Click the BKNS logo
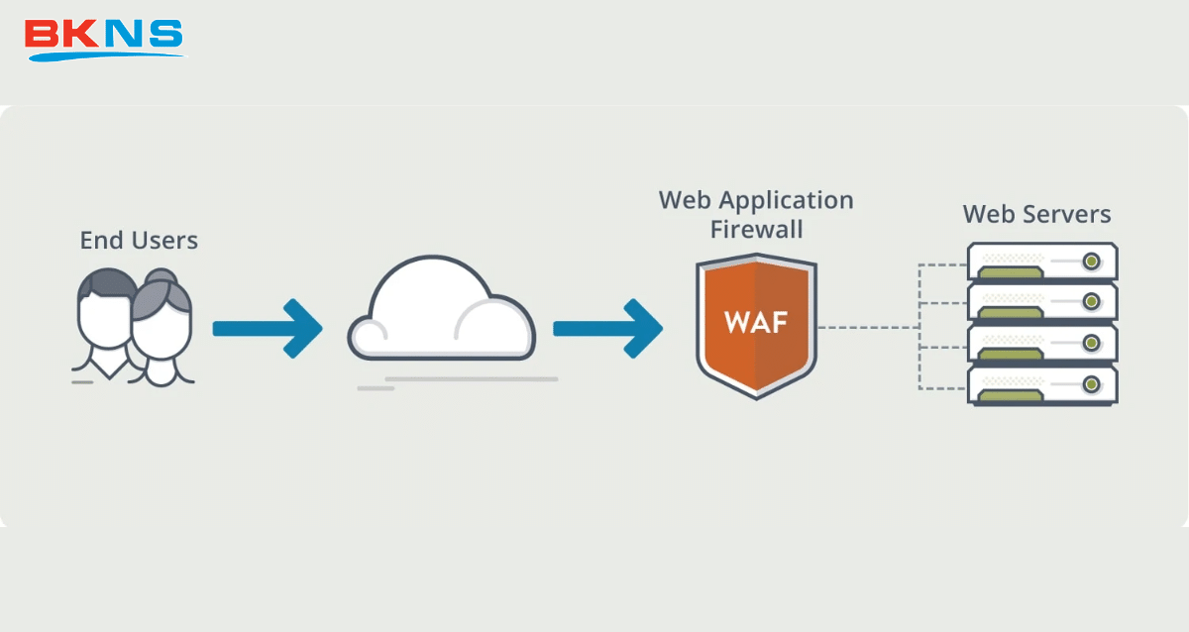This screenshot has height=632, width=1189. [x=104, y=38]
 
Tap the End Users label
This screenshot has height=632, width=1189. [x=139, y=240]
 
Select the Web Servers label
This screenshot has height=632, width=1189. [x=1036, y=214]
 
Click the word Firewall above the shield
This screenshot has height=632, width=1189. [x=756, y=230]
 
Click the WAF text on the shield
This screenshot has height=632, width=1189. [x=756, y=322]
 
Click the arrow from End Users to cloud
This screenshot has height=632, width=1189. [x=268, y=327]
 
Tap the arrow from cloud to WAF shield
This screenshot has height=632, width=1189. [x=607, y=327]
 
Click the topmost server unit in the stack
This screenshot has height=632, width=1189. [x=1042, y=262]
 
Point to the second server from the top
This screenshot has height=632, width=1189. [x=1042, y=302]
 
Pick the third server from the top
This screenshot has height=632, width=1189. [x=1042, y=343]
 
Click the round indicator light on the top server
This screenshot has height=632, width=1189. [x=1091, y=262]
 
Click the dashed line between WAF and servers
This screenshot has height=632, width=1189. [x=867, y=327]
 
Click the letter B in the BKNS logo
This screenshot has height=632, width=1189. [x=44, y=35]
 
